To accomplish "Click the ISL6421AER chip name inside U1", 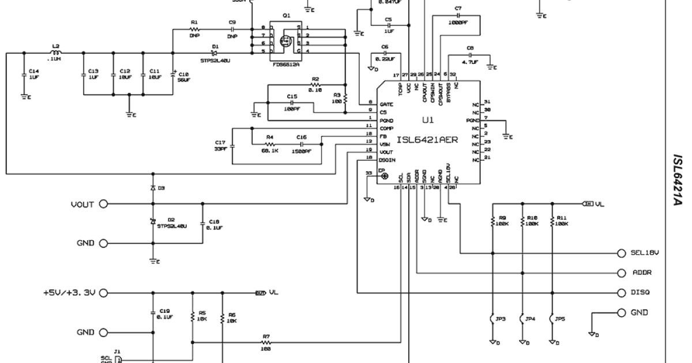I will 427,139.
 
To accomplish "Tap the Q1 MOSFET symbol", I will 284,41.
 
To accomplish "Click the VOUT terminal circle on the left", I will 104,203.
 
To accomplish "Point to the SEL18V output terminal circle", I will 621,253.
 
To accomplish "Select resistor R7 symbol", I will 266,342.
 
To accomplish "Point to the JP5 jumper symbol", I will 552,318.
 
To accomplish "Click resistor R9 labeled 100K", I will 494,221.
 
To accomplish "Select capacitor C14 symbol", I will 23,74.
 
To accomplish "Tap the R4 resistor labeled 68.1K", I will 269,143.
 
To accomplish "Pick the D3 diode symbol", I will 153,188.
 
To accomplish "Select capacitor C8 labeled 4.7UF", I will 470,56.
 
